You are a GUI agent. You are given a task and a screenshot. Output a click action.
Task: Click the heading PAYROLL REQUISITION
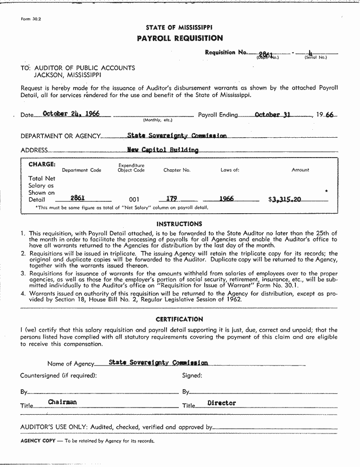coord(179,38)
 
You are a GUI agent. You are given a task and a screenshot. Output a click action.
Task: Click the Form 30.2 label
coord(31,19)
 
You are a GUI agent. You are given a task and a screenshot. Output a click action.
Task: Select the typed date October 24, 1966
coord(70,114)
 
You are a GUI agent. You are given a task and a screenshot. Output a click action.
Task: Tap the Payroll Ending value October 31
coord(272,115)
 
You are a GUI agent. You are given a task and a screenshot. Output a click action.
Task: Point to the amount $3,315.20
coord(285,199)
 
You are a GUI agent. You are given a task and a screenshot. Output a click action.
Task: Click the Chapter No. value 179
coord(171,199)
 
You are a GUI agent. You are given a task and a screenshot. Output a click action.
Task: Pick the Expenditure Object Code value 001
coord(134,200)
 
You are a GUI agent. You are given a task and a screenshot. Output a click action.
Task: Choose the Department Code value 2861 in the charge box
coord(77,199)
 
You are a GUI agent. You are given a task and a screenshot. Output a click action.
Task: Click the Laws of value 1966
coord(226,199)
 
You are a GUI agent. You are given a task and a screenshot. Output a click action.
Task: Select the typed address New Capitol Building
coord(163,150)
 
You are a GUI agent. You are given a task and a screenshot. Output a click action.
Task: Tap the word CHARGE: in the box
coord(42,165)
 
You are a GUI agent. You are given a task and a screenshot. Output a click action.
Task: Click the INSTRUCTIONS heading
coord(179,224)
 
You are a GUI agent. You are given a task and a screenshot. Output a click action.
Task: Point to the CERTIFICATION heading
coord(179,319)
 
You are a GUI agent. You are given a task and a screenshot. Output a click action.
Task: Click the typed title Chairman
coord(62,402)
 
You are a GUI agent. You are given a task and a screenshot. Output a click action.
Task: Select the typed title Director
coord(221,403)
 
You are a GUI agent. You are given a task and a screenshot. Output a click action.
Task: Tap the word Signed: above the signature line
coord(192,375)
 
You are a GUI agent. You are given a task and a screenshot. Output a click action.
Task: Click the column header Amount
coord(300,170)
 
